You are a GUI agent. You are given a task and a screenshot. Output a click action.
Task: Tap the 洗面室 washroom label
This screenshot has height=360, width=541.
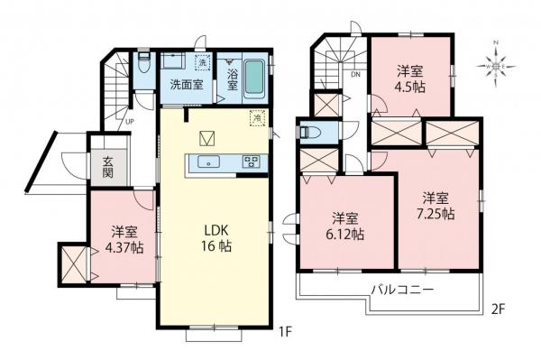point(186,87)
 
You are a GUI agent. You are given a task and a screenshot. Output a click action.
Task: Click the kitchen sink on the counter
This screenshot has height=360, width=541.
point(208,162)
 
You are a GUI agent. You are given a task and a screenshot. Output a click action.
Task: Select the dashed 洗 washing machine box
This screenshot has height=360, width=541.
point(203,62)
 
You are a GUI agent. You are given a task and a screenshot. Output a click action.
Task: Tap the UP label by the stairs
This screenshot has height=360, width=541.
point(131,121)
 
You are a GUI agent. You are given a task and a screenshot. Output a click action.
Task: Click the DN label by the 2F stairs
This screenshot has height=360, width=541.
point(355,74)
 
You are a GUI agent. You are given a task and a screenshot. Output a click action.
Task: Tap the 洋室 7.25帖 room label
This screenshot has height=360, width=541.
point(436,206)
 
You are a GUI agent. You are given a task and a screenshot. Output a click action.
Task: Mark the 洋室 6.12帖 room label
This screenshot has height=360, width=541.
point(346,226)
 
